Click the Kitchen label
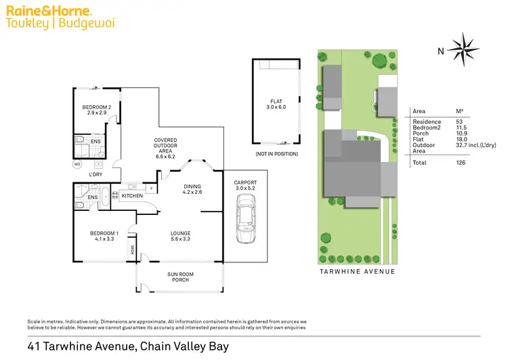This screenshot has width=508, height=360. pyautogui.click(x=132, y=196)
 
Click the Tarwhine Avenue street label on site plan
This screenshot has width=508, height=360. pyautogui.click(x=357, y=271)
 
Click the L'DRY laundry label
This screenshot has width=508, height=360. pyautogui.click(x=96, y=174)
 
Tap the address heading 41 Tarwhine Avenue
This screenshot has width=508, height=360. pyautogui.click(x=129, y=346)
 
